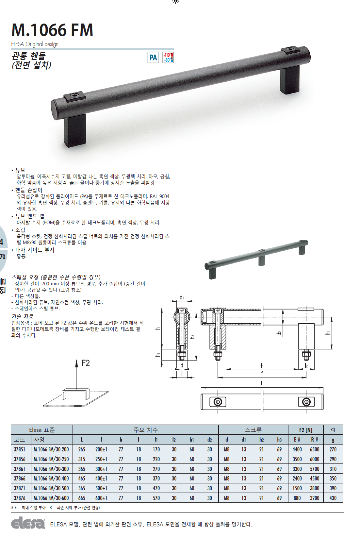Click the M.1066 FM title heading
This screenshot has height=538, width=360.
click(x=52, y=30)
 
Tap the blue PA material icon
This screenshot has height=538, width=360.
click(x=153, y=58)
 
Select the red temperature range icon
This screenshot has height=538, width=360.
click(x=168, y=58)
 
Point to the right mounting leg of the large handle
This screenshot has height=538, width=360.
click(x=290, y=79)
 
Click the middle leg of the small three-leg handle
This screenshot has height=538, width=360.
click(x=262, y=261)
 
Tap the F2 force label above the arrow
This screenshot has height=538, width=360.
click(x=86, y=363)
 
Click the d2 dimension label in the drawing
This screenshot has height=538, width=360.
click(x=279, y=333)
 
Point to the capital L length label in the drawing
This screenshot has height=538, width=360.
click(x=262, y=383)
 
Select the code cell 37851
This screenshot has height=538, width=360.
click(x=20, y=449)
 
